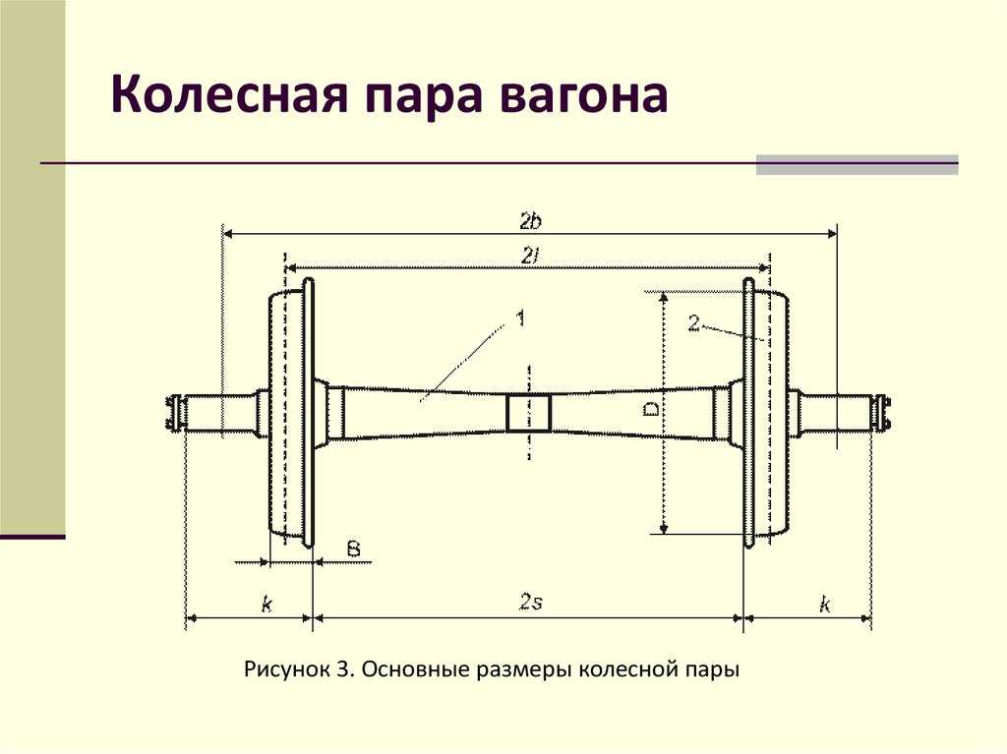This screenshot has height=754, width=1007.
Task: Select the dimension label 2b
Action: point(532,218)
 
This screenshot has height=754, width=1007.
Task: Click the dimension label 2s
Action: point(531,603)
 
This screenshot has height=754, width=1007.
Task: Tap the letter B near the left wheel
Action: point(352,549)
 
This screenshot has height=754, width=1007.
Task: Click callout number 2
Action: point(694,322)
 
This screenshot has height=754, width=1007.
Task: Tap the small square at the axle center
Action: point(529,412)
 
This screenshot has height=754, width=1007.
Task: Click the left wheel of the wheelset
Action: point(291,413)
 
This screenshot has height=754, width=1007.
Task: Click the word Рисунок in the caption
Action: point(285,671)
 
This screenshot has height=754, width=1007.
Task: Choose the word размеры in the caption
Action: point(526,671)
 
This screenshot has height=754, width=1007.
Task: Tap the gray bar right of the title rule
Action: point(857,164)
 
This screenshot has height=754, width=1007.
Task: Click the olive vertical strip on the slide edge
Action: point(32,265)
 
